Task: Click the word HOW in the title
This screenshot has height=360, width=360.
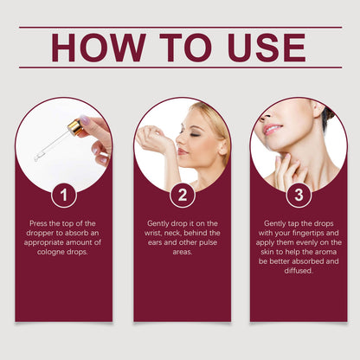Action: click(99, 48)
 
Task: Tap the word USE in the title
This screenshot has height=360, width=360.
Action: click(267, 48)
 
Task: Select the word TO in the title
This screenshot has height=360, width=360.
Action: click(186, 48)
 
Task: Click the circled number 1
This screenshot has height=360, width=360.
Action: click(64, 196)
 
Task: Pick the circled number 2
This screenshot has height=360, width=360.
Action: click(183, 196)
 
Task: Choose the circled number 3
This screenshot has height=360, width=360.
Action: click(299, 196)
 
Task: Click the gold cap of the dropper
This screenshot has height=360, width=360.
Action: click(74, 127)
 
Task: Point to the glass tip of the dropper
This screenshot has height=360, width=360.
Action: click(37, 157)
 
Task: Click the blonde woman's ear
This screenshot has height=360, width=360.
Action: click(222, 146)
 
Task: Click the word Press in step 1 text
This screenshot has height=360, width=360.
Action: click(38, 223)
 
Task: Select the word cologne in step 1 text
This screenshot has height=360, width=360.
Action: click(51, 252)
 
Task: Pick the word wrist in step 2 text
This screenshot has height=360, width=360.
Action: click(153, 233)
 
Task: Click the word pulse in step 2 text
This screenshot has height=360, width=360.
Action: click(208, 242)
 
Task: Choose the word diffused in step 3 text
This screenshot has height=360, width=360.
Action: click(299, 271)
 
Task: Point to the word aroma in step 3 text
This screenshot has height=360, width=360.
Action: click(325, 252)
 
